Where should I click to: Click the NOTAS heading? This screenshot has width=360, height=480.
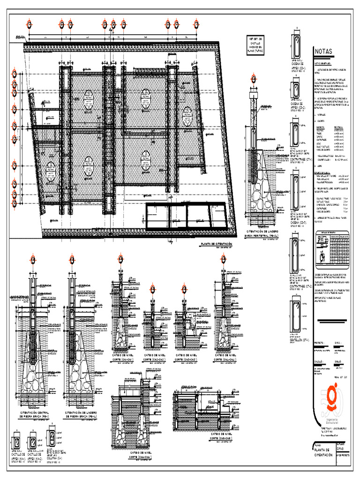tap(323, 52)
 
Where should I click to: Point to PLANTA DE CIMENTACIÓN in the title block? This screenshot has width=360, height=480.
tap(323, 452)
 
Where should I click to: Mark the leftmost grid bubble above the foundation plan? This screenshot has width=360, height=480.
tap(30, 24)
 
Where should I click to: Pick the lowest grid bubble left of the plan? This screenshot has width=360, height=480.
tap(15, 203)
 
